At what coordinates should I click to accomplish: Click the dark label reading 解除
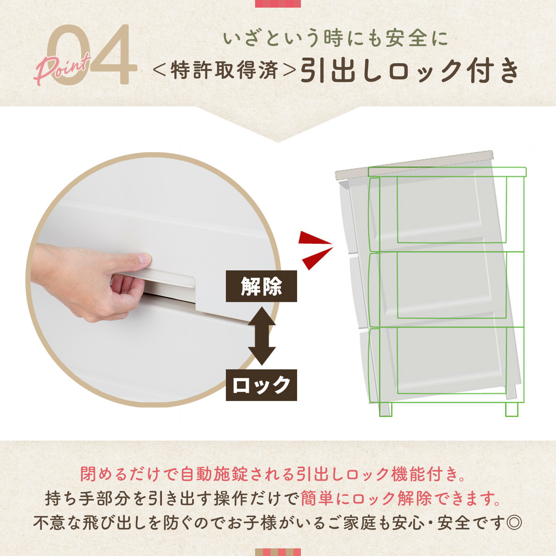261,286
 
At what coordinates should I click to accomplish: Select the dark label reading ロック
261,385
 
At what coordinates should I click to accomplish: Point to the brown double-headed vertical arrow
262,336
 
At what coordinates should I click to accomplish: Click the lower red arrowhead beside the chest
315,259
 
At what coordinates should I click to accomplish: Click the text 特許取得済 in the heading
224,71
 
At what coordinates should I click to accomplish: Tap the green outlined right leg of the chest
512,409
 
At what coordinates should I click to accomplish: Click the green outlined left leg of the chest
385,409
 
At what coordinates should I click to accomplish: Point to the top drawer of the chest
448,212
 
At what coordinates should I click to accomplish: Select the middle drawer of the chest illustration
448,287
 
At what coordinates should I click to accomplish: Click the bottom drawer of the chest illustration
448,361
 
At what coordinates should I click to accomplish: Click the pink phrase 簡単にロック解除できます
400,499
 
